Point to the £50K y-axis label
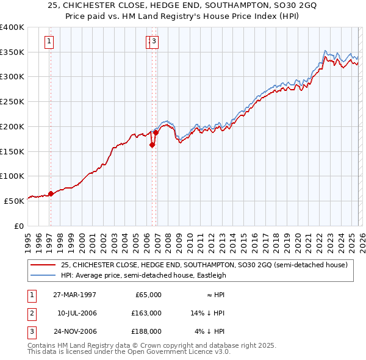(x=15, y=200)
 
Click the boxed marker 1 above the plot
(x=49, y=41)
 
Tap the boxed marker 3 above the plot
(x=154, y=41)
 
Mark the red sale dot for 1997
(x=51, y=193)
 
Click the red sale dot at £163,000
(x=152, y=145)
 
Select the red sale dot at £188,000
(x=156, y=132)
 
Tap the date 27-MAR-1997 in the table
(x=74, y=295)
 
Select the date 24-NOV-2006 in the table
(x=74, y=331)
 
